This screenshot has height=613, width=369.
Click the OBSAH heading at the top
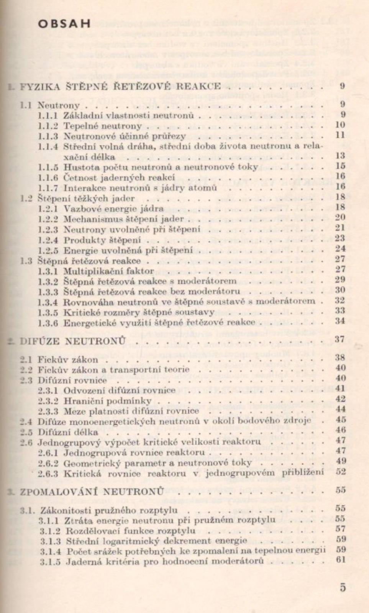(64, 24)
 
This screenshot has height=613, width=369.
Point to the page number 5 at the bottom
(343, 587)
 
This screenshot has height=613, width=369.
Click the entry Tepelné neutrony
(103, 126)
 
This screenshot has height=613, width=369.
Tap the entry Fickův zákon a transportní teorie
(113, 370)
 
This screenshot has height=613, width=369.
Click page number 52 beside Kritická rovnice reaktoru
(341, 472)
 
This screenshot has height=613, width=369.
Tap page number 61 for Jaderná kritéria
(341, 559)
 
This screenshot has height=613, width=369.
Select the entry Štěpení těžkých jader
(86, 198)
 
